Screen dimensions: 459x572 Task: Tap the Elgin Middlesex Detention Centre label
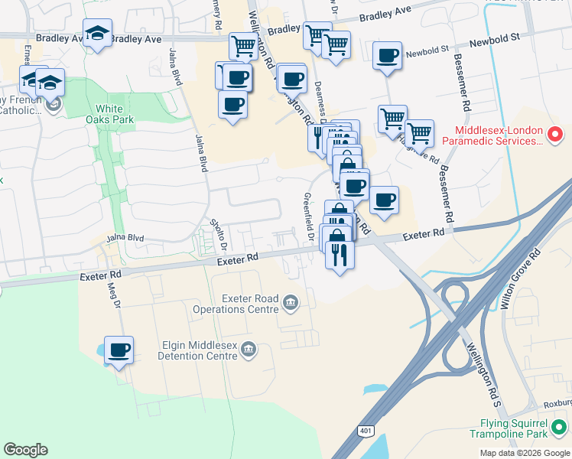[194, 350]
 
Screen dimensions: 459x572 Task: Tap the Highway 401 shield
[363, 431]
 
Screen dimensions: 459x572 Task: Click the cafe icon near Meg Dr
[119, 350]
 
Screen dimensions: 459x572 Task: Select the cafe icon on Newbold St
[388, 56]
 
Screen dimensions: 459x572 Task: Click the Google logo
[25, 450]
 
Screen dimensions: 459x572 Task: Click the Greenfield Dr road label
[310, 219]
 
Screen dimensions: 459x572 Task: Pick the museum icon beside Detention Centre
[248, 350]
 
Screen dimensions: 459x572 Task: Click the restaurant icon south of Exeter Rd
[339, 254]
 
